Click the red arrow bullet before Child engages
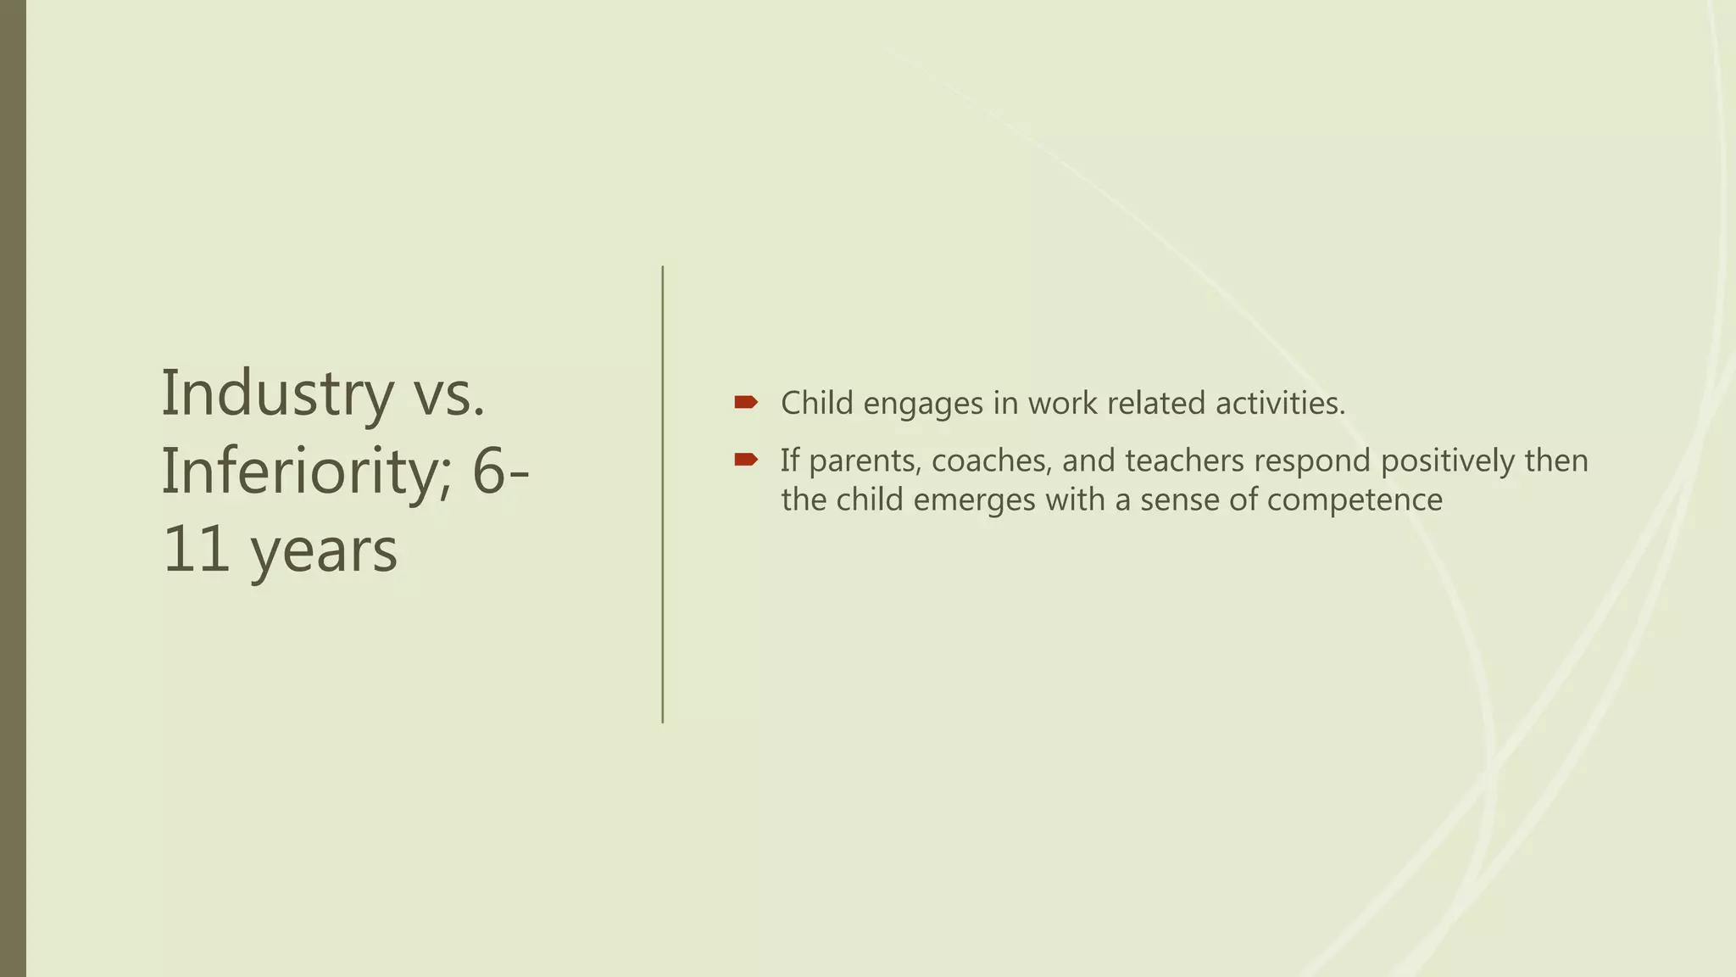[x=745, y=402]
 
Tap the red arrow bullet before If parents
[x=745, y=460]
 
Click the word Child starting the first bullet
[x=816, y=403]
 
